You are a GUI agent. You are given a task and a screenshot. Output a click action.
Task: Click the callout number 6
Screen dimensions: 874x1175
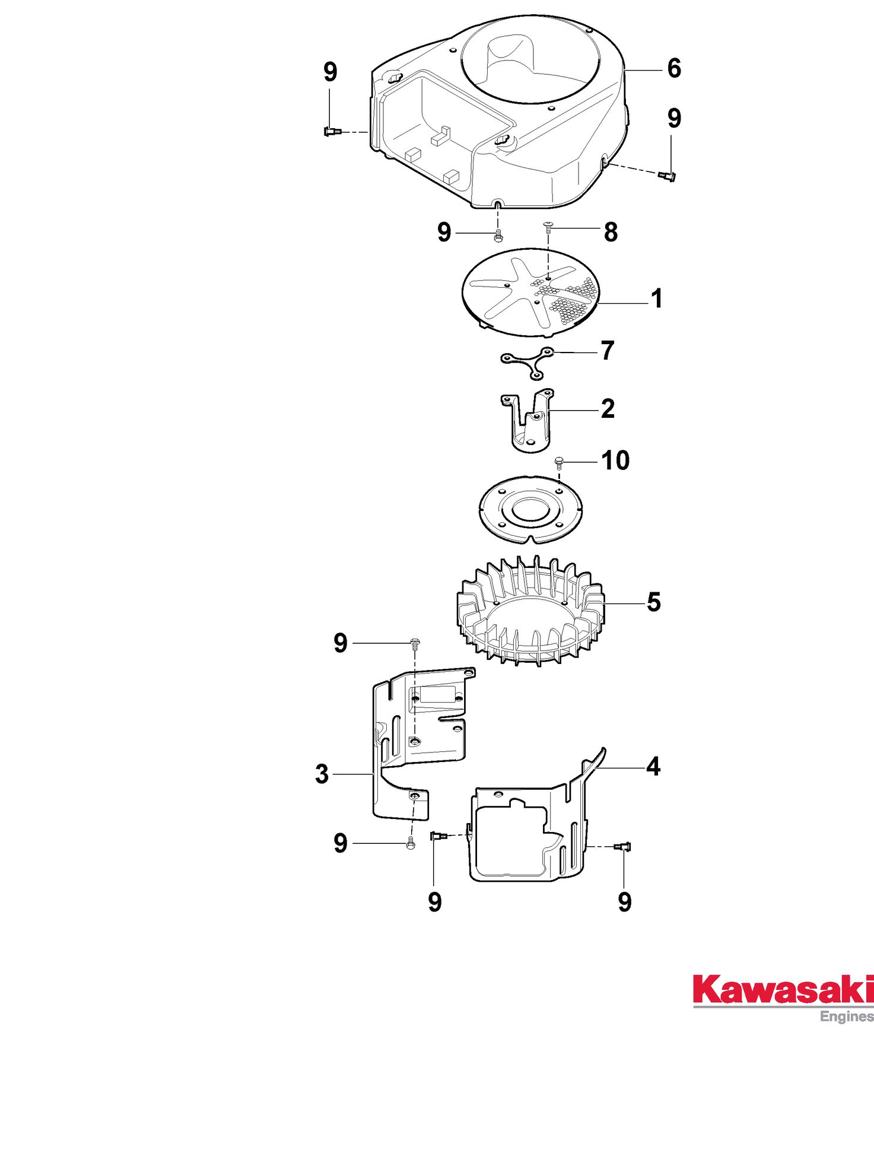[x=674, y=68]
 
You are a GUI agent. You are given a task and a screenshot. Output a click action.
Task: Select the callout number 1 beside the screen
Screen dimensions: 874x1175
[x=656, y=298]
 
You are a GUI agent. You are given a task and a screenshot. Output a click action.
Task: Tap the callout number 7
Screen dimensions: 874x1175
[x=608, y=351]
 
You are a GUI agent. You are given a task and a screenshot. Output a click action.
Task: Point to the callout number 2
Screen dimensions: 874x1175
[x=608, y=409]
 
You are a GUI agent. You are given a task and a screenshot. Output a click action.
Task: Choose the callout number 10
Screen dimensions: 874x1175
[x=616, y=461]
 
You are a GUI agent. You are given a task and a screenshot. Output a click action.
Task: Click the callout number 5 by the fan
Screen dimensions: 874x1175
[x=654, y=602]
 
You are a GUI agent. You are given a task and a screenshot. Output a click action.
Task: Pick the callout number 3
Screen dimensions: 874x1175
[x=322, y=774]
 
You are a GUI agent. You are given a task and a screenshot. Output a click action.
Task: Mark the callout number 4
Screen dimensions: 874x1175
[x=653, y=767]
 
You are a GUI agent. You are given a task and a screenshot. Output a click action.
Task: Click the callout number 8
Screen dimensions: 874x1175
[x=611, y=232]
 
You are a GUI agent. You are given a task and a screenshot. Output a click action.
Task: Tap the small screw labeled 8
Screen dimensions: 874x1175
[x=548, y=226]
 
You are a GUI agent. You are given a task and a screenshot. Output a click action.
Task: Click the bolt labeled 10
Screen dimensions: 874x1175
[x=558, y=462]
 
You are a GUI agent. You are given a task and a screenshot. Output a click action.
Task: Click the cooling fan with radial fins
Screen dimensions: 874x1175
[x=530, y=611]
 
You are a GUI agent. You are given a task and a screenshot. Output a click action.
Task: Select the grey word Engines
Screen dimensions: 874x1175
[x=847, y=1017]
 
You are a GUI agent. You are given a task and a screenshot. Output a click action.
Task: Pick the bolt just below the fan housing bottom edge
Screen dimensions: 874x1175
[x=498, y=236]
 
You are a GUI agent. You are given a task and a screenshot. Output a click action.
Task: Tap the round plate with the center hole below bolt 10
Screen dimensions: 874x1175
[x=530, y=509]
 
